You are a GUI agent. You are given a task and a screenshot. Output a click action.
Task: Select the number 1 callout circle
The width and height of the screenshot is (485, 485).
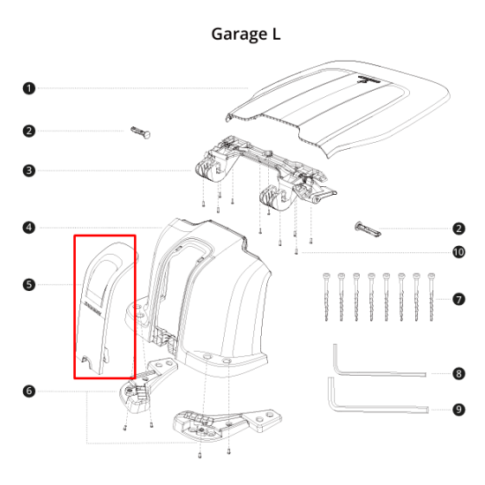(29, 88)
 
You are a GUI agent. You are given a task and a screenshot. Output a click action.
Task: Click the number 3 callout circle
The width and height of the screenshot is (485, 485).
(29, 170)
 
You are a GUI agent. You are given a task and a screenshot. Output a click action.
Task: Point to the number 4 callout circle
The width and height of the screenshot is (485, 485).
(29, 228)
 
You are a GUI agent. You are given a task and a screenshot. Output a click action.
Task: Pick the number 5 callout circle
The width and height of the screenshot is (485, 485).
(29, 285)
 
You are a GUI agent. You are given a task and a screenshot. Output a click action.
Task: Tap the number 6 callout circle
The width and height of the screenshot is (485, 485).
(29, 391)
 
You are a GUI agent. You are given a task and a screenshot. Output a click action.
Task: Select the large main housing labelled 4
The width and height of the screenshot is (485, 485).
(220, 291)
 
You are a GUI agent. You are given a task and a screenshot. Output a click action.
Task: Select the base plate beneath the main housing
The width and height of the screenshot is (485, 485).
(220, 422)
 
